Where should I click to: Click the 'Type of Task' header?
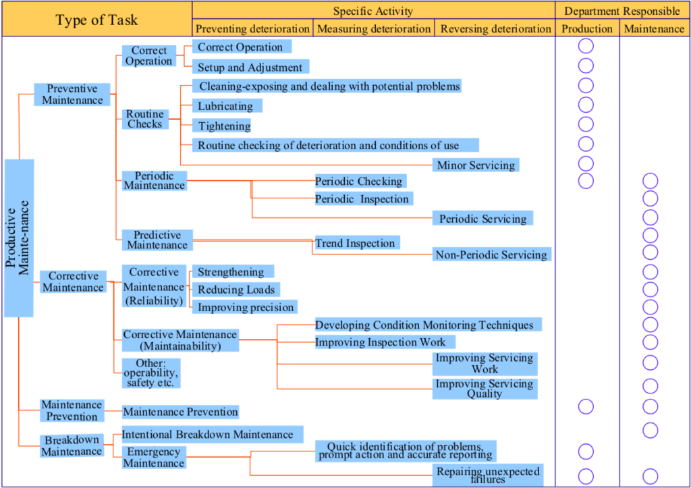(x=96, y=20)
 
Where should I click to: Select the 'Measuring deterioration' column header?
(x=373, y=29)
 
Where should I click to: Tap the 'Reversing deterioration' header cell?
(x=495, y=29)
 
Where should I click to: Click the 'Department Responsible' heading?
(x=621, y=11)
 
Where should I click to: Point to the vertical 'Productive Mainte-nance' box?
(x=19, y=238)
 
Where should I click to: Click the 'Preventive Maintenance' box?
(x=72, y=94)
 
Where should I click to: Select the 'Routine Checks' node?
(x=144, y=119)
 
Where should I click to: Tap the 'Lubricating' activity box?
(x=226, y=106)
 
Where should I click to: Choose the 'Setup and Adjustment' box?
(x=250, y=67)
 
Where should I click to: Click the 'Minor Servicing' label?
(x=476, y=165)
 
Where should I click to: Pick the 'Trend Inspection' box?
(x=356, y=243)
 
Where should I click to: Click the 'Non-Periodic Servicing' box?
(x=491, y=254)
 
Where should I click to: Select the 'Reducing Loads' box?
(x=236, y=290)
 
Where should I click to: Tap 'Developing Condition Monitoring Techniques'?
(x=424, y=325)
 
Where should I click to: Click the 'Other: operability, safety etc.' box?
(x=150, y=373)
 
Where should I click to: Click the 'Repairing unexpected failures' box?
(x=487, y=475)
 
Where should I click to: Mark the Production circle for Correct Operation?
(x=586, y=47)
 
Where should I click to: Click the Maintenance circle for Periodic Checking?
(x=650, y=181)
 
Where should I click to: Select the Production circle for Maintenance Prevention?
(x=586, y=406)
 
